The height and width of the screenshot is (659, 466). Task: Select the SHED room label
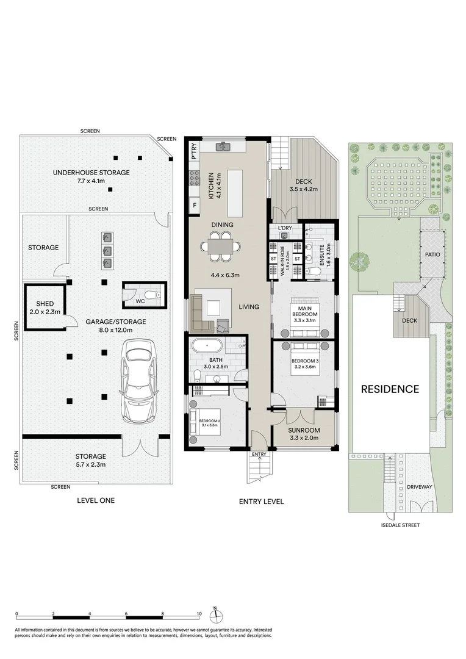pyautogui.click(x=46, y=303)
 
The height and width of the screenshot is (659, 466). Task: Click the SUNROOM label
pyautogui.click(x=303, y=429)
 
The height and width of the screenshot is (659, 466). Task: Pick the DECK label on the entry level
pyautogui.click(x=304, y=181)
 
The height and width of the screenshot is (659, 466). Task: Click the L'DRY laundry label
pyautogui.click(x=285, y=228)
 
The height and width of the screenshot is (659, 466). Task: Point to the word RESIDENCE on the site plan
pyautogui.click(x=390, y=389)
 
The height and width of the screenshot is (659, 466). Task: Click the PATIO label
pyautogui.click(x=432, y=251)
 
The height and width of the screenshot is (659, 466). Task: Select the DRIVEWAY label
pyautogui.click(x=420, y=487)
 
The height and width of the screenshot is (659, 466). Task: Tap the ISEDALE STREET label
pyautogui.click(x=400, y=525)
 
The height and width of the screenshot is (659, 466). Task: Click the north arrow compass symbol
pyautogui.click(x=215, y=614)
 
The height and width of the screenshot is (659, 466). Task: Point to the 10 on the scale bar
pyautogui.click(x=199, y=613)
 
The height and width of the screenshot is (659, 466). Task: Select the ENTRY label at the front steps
pyautogui.click(x=259, y=454)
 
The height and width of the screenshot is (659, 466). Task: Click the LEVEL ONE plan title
pyautogui.click(x=96, y=500)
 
